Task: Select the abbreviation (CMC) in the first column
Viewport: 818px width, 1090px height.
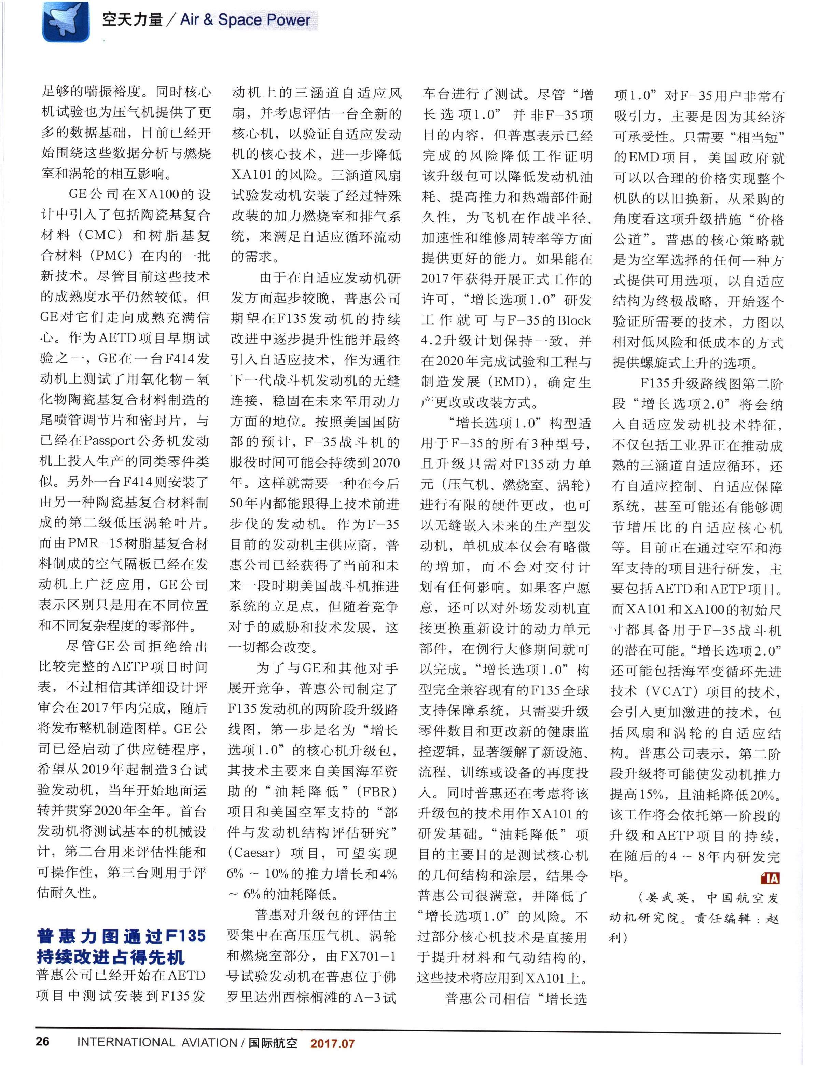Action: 102,235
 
